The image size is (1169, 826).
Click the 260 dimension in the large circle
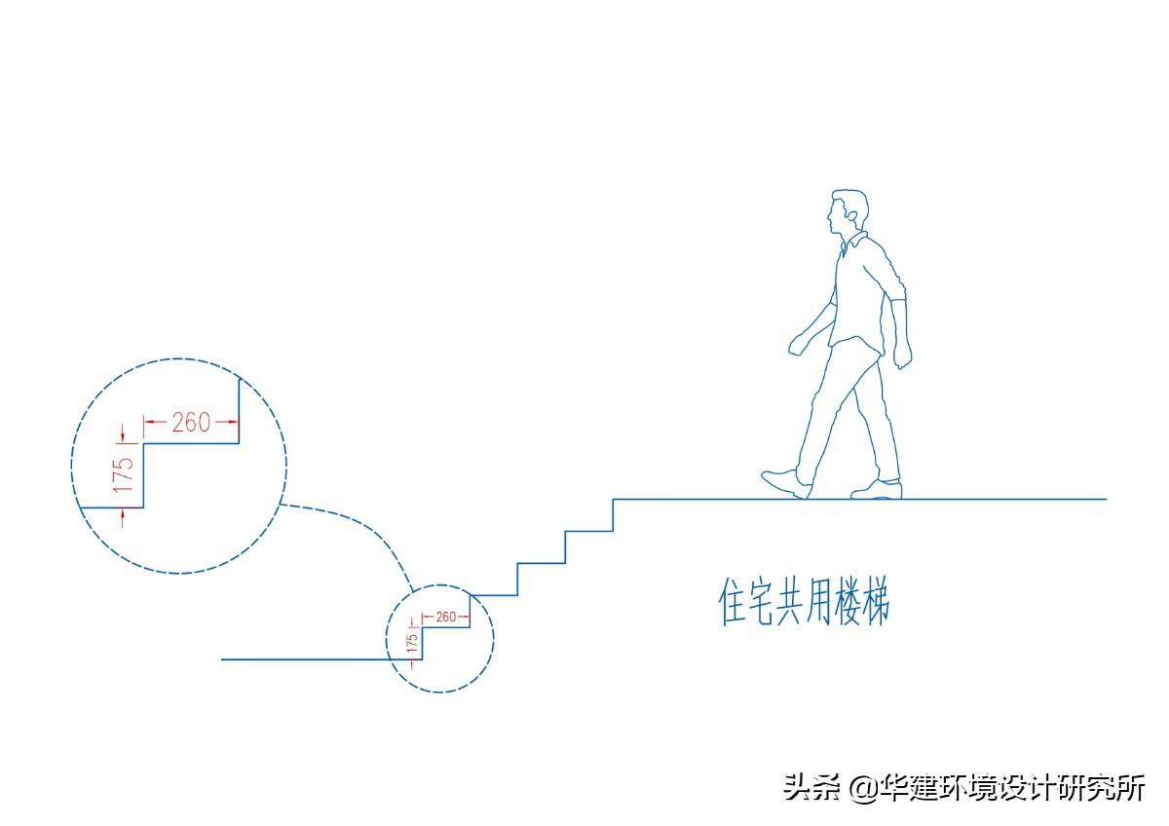[191, 423]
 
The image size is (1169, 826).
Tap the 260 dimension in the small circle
[445, 617]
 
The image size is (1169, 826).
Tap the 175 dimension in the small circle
[412, 643]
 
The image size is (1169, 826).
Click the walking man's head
[847, 212]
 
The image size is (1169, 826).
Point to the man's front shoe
[785, 482]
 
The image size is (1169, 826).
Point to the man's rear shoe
[876, 489]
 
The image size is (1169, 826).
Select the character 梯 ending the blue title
[873, 603]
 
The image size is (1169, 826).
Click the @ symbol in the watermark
[863, 788]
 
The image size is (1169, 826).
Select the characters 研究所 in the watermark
[1111, 788]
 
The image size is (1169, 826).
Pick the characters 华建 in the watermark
[912, 788]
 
